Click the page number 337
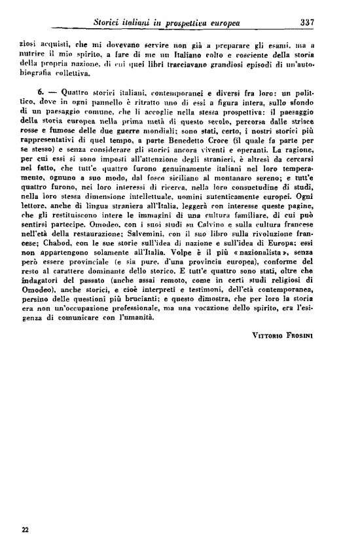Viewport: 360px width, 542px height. click(x=307, y=22)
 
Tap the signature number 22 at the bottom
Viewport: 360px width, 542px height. click(x=25, y=529)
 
